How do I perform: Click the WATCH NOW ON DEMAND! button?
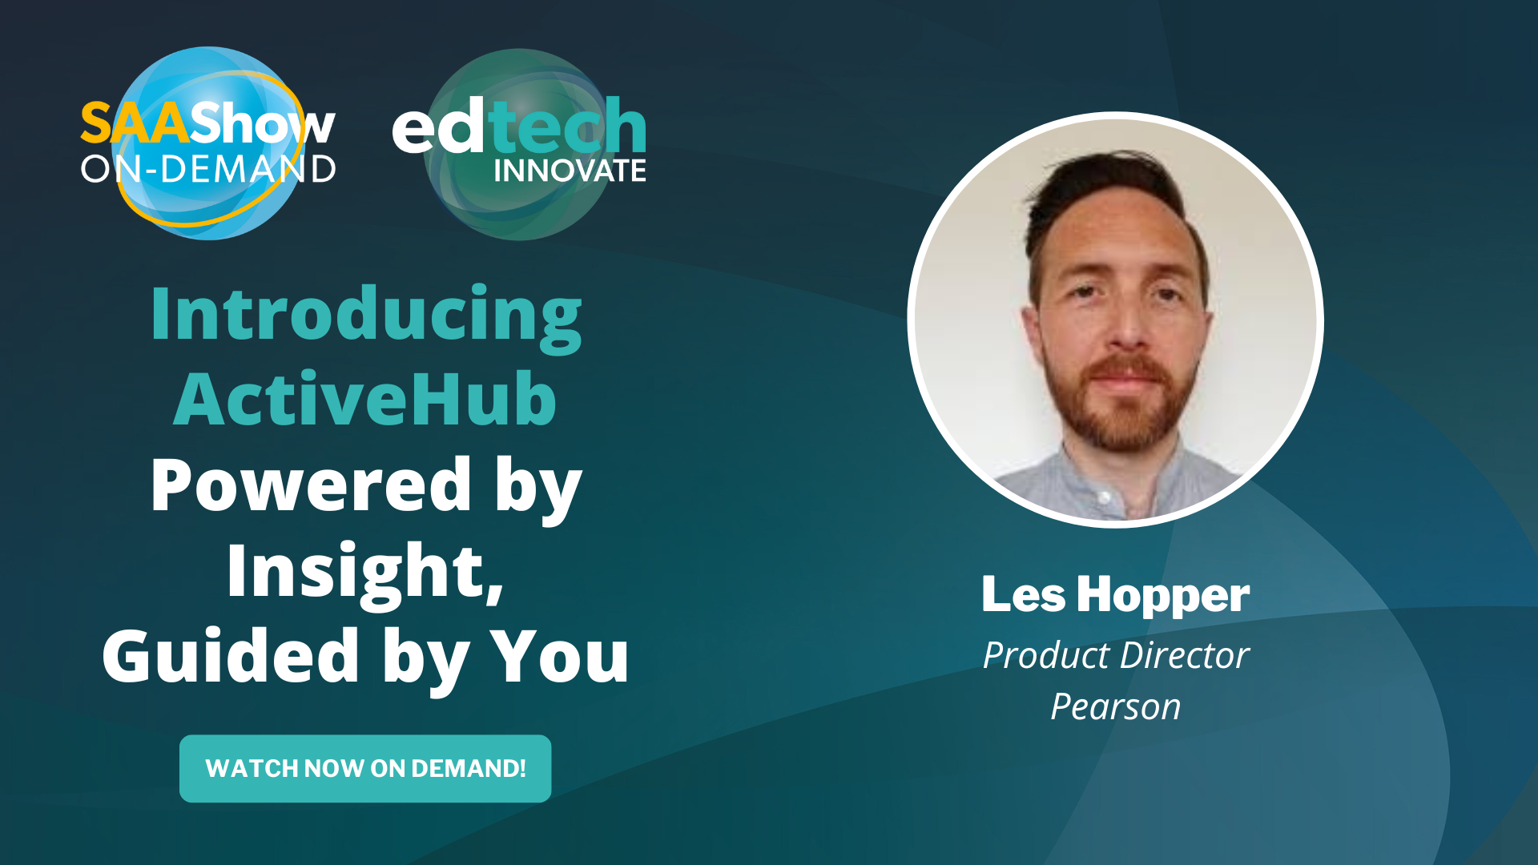pos(365,768)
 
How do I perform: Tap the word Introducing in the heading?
pos(366,315)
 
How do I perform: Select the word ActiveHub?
pos(365,399)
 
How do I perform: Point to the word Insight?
pos(365,570)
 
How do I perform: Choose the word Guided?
pos(231,656)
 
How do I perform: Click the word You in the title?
pos(559,656)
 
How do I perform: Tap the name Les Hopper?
pos(1115,595)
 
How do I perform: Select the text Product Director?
pos(1115,655)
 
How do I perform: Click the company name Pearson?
pos(1115,706)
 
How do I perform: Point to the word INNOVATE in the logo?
pos(570,171)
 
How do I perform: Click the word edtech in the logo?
pos(519,127)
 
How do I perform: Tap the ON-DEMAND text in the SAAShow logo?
pos(208,169)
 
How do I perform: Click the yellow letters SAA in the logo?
pos(135,124)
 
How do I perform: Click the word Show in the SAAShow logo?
pos(263,124)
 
